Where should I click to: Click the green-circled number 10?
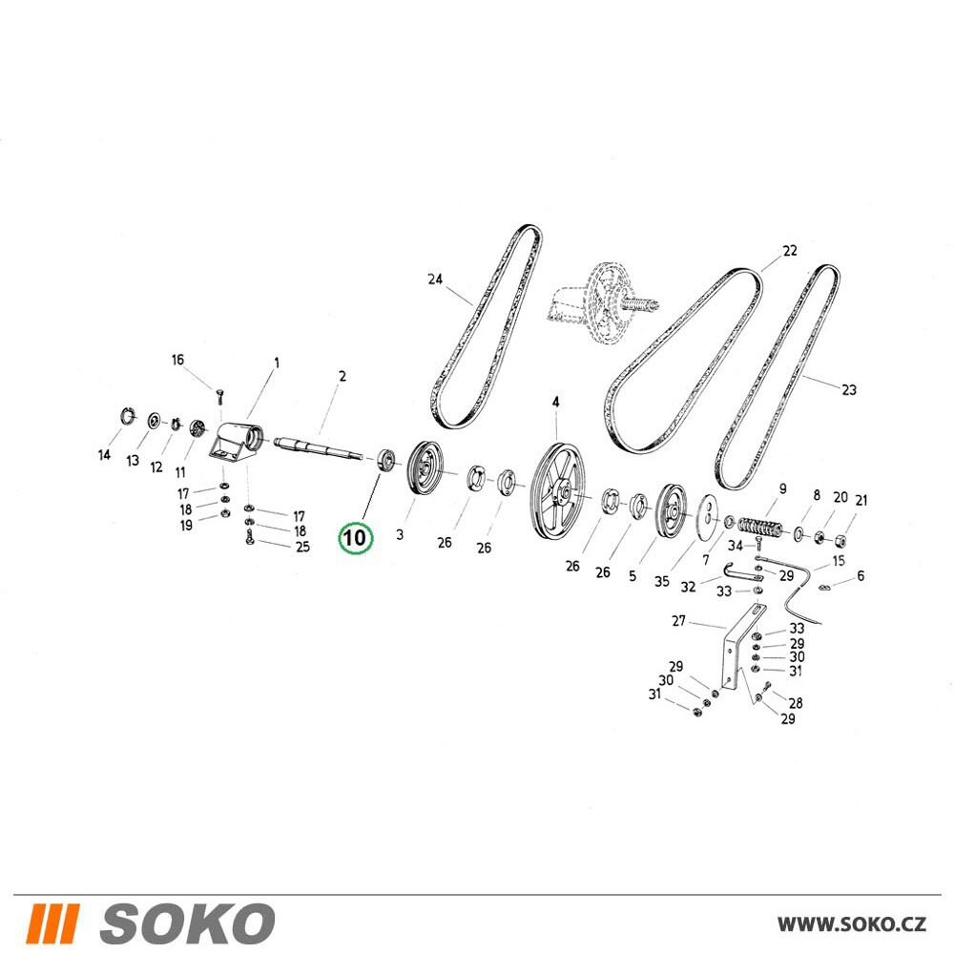coord(355,538)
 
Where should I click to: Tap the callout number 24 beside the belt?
coord(435,280)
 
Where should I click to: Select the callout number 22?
coord(790,251)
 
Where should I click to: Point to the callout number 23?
coord(849,389)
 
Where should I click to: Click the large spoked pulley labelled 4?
coord(556,491)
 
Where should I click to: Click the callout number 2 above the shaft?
coord(342,377)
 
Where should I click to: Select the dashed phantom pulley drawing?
coord(602,303)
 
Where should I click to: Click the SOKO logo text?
coord(187,923)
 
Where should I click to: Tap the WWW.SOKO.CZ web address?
coord(852,924)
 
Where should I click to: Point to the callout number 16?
coord(177,361)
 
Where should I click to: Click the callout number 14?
coord(104,454)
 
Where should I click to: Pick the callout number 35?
coord(662,582)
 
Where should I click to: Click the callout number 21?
coord(861,501)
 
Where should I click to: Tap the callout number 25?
coord(303,547)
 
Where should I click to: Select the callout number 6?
coord(861,575)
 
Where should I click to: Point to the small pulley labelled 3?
coord(425,468)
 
